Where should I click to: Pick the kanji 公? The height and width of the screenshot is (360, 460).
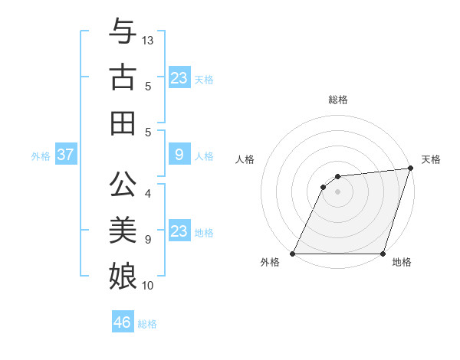point(123,183)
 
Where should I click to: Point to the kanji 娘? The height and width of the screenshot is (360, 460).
point(123,273)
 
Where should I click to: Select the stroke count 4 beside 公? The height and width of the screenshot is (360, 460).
point(148,194)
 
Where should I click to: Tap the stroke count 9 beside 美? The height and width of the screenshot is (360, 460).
point(148,239)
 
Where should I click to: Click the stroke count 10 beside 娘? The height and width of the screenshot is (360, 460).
point(148,286)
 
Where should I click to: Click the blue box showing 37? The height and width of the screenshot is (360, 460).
point(66,155)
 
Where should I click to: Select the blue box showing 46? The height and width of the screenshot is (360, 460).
point(123,322)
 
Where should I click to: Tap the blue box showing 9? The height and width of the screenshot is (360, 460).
point(179,155)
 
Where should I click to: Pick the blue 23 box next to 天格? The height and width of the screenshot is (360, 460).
point(179,78)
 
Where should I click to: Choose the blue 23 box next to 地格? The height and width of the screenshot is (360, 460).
point(179,231)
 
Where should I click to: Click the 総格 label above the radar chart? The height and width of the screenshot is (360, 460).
point(337,100)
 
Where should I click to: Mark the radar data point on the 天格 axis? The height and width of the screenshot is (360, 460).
point(411,169)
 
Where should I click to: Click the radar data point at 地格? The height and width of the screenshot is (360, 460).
point(383,254)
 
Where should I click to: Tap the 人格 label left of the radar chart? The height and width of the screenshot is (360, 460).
point(245,159)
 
